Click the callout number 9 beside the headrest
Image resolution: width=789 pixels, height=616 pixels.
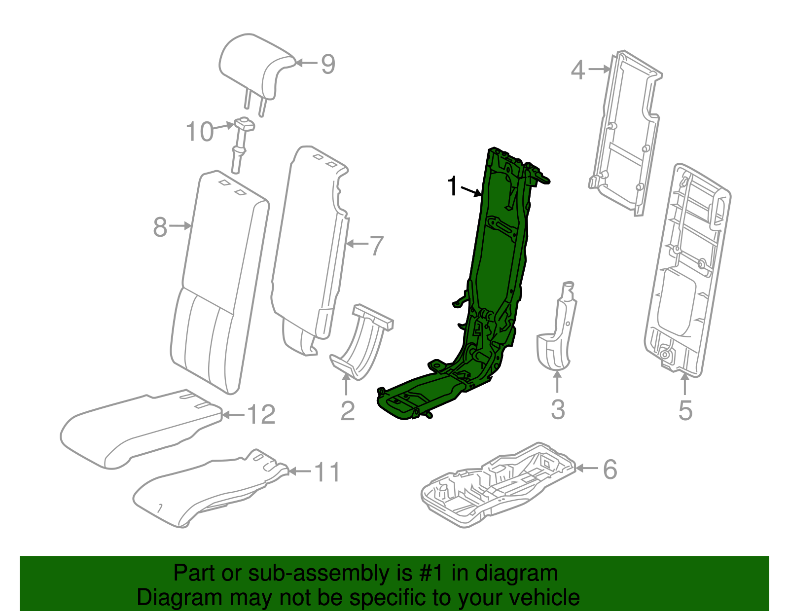[328, 64]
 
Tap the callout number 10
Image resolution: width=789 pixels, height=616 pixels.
[199, 132]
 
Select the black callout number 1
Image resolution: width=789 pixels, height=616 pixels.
[452, 186]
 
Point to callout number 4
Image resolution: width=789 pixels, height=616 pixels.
[578, 70]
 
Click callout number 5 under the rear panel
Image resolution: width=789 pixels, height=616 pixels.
[685, 410]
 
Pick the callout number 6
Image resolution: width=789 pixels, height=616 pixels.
[610, 469]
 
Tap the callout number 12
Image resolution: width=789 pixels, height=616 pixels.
[261, 415]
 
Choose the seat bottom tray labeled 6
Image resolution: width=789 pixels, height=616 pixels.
[498, 486]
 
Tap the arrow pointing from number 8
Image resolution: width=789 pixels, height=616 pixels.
[180, 226]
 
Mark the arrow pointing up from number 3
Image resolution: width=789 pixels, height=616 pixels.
[557, 382]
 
